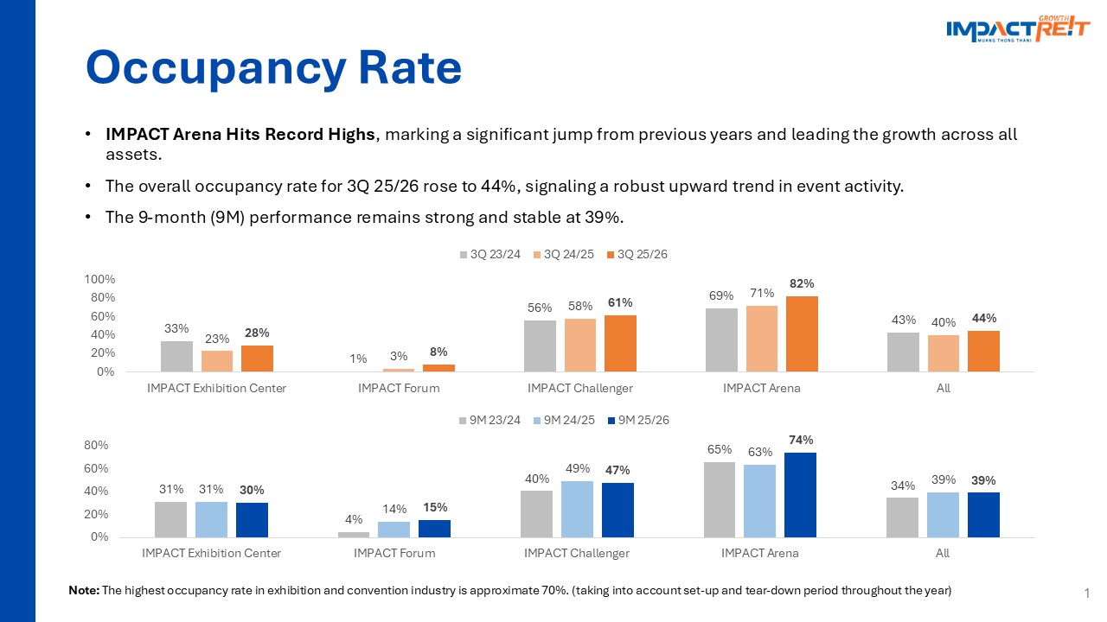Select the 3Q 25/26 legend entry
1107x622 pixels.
point(637,255)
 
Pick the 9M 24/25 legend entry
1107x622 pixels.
point(563,421)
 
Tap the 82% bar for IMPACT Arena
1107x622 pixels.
point(802,333)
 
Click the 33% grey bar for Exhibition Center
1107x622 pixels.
point(176,356)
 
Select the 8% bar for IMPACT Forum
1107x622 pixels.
point(438,368)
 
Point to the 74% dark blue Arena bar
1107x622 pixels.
point(800,494)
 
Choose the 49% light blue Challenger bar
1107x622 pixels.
point(577,509)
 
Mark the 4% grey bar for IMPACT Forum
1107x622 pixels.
point(354,535)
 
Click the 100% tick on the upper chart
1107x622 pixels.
point(99,279)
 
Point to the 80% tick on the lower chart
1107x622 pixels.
point(96,446)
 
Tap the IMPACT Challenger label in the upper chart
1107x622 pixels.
point(580,389)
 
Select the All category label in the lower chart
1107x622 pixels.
point(943,553)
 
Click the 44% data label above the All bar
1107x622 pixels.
point(983,319)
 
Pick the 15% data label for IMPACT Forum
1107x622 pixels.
point(434,508)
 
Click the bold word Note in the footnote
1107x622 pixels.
point(84,591)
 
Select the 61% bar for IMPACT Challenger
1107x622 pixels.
point(620,343)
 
